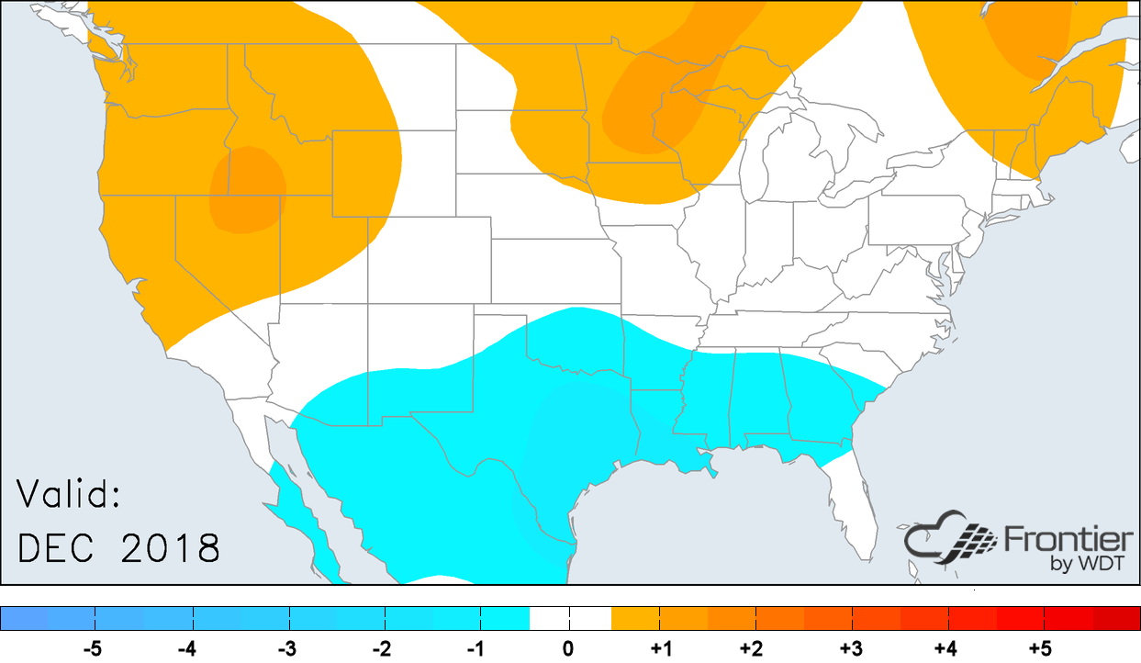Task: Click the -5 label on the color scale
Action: click(x=92, y=649)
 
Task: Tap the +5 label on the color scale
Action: click(x=1039, y=649)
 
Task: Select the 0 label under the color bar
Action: click(x=568, y=649)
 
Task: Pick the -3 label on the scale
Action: click(x=286, y=649)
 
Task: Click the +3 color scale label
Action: click(x=851, y=649)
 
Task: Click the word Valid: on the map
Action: click(x=70, y=497)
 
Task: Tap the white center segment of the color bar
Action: click(x=569, y=618)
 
